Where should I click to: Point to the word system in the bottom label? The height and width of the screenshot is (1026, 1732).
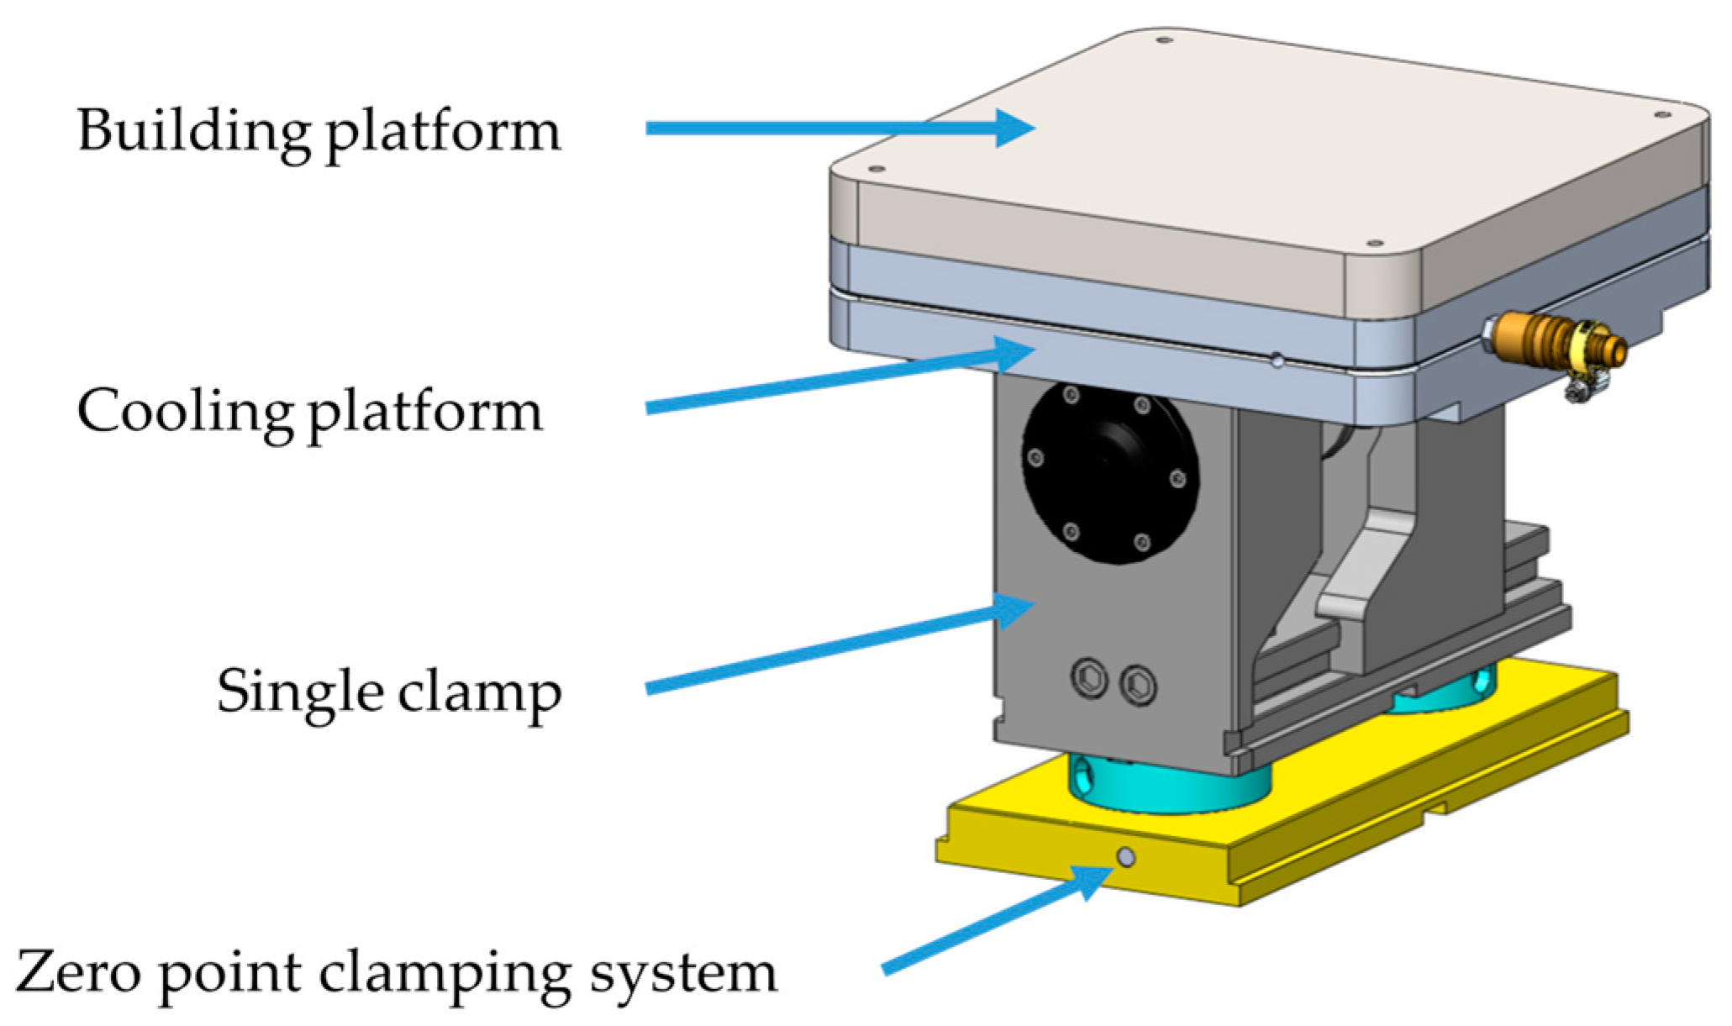pyautogui.click(x=682, y=974)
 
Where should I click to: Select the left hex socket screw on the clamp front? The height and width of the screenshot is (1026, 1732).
pyautogui.click(x=1090, y=676)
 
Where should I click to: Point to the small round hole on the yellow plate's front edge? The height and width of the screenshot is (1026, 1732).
pyautogui.click(x=1125, y=857)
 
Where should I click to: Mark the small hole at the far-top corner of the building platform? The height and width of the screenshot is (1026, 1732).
pyautogui.click(x=1164, y=40)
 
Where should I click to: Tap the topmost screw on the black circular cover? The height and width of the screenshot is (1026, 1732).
pyautogui.click(x=1071, y=395)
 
